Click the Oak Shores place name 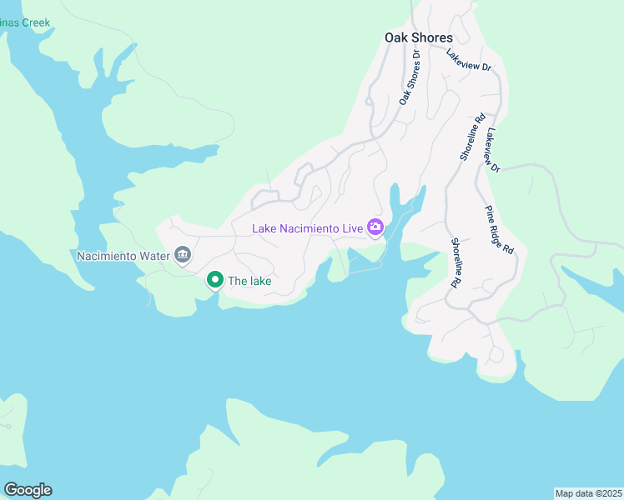(418, 37)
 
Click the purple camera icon (375, 227)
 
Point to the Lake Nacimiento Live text (308, 227)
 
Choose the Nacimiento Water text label (122, 256)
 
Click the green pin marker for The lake (214, 280)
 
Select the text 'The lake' (249, 281)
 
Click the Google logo (28, 489)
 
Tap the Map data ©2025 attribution (588, 492)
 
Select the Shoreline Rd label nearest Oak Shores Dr (472, 137)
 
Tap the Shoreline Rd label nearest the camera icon (456, 263)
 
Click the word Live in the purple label (353, 227)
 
